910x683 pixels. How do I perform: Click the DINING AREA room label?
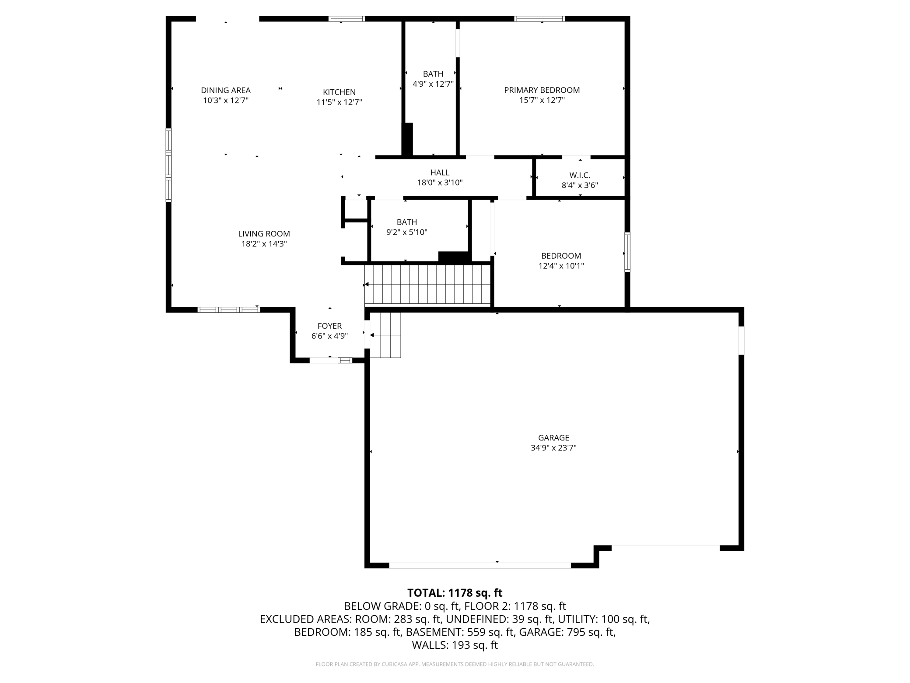[226, 90]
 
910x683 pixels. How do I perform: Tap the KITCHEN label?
[339, 92]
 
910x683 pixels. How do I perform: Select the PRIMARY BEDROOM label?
[542, 90]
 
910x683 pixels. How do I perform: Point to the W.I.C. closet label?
[580, 175]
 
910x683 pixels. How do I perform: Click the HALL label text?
[440, 173]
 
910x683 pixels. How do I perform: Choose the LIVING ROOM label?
[264, 234]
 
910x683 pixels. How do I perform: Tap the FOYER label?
[329, 326]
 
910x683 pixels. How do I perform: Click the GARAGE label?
[553, 437]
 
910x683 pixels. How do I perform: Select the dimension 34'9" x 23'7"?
[553, 447]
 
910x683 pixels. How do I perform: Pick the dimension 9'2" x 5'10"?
[406, 232]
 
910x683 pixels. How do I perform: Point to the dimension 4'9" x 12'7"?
[433, 84]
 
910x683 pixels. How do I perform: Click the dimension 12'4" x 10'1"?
[561, 266]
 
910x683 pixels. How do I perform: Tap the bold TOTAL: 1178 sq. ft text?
[455, 593]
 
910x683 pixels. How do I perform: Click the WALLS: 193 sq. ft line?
[455, 645]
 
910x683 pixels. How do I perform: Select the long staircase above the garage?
[427, 285]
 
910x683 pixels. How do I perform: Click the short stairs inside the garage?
[385, 335]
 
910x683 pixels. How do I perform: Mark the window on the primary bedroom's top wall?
[539, 19]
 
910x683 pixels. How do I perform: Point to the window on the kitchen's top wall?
[346, 19]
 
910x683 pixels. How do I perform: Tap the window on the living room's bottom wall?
[229, 310]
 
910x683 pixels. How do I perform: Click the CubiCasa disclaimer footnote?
[455, 664]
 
